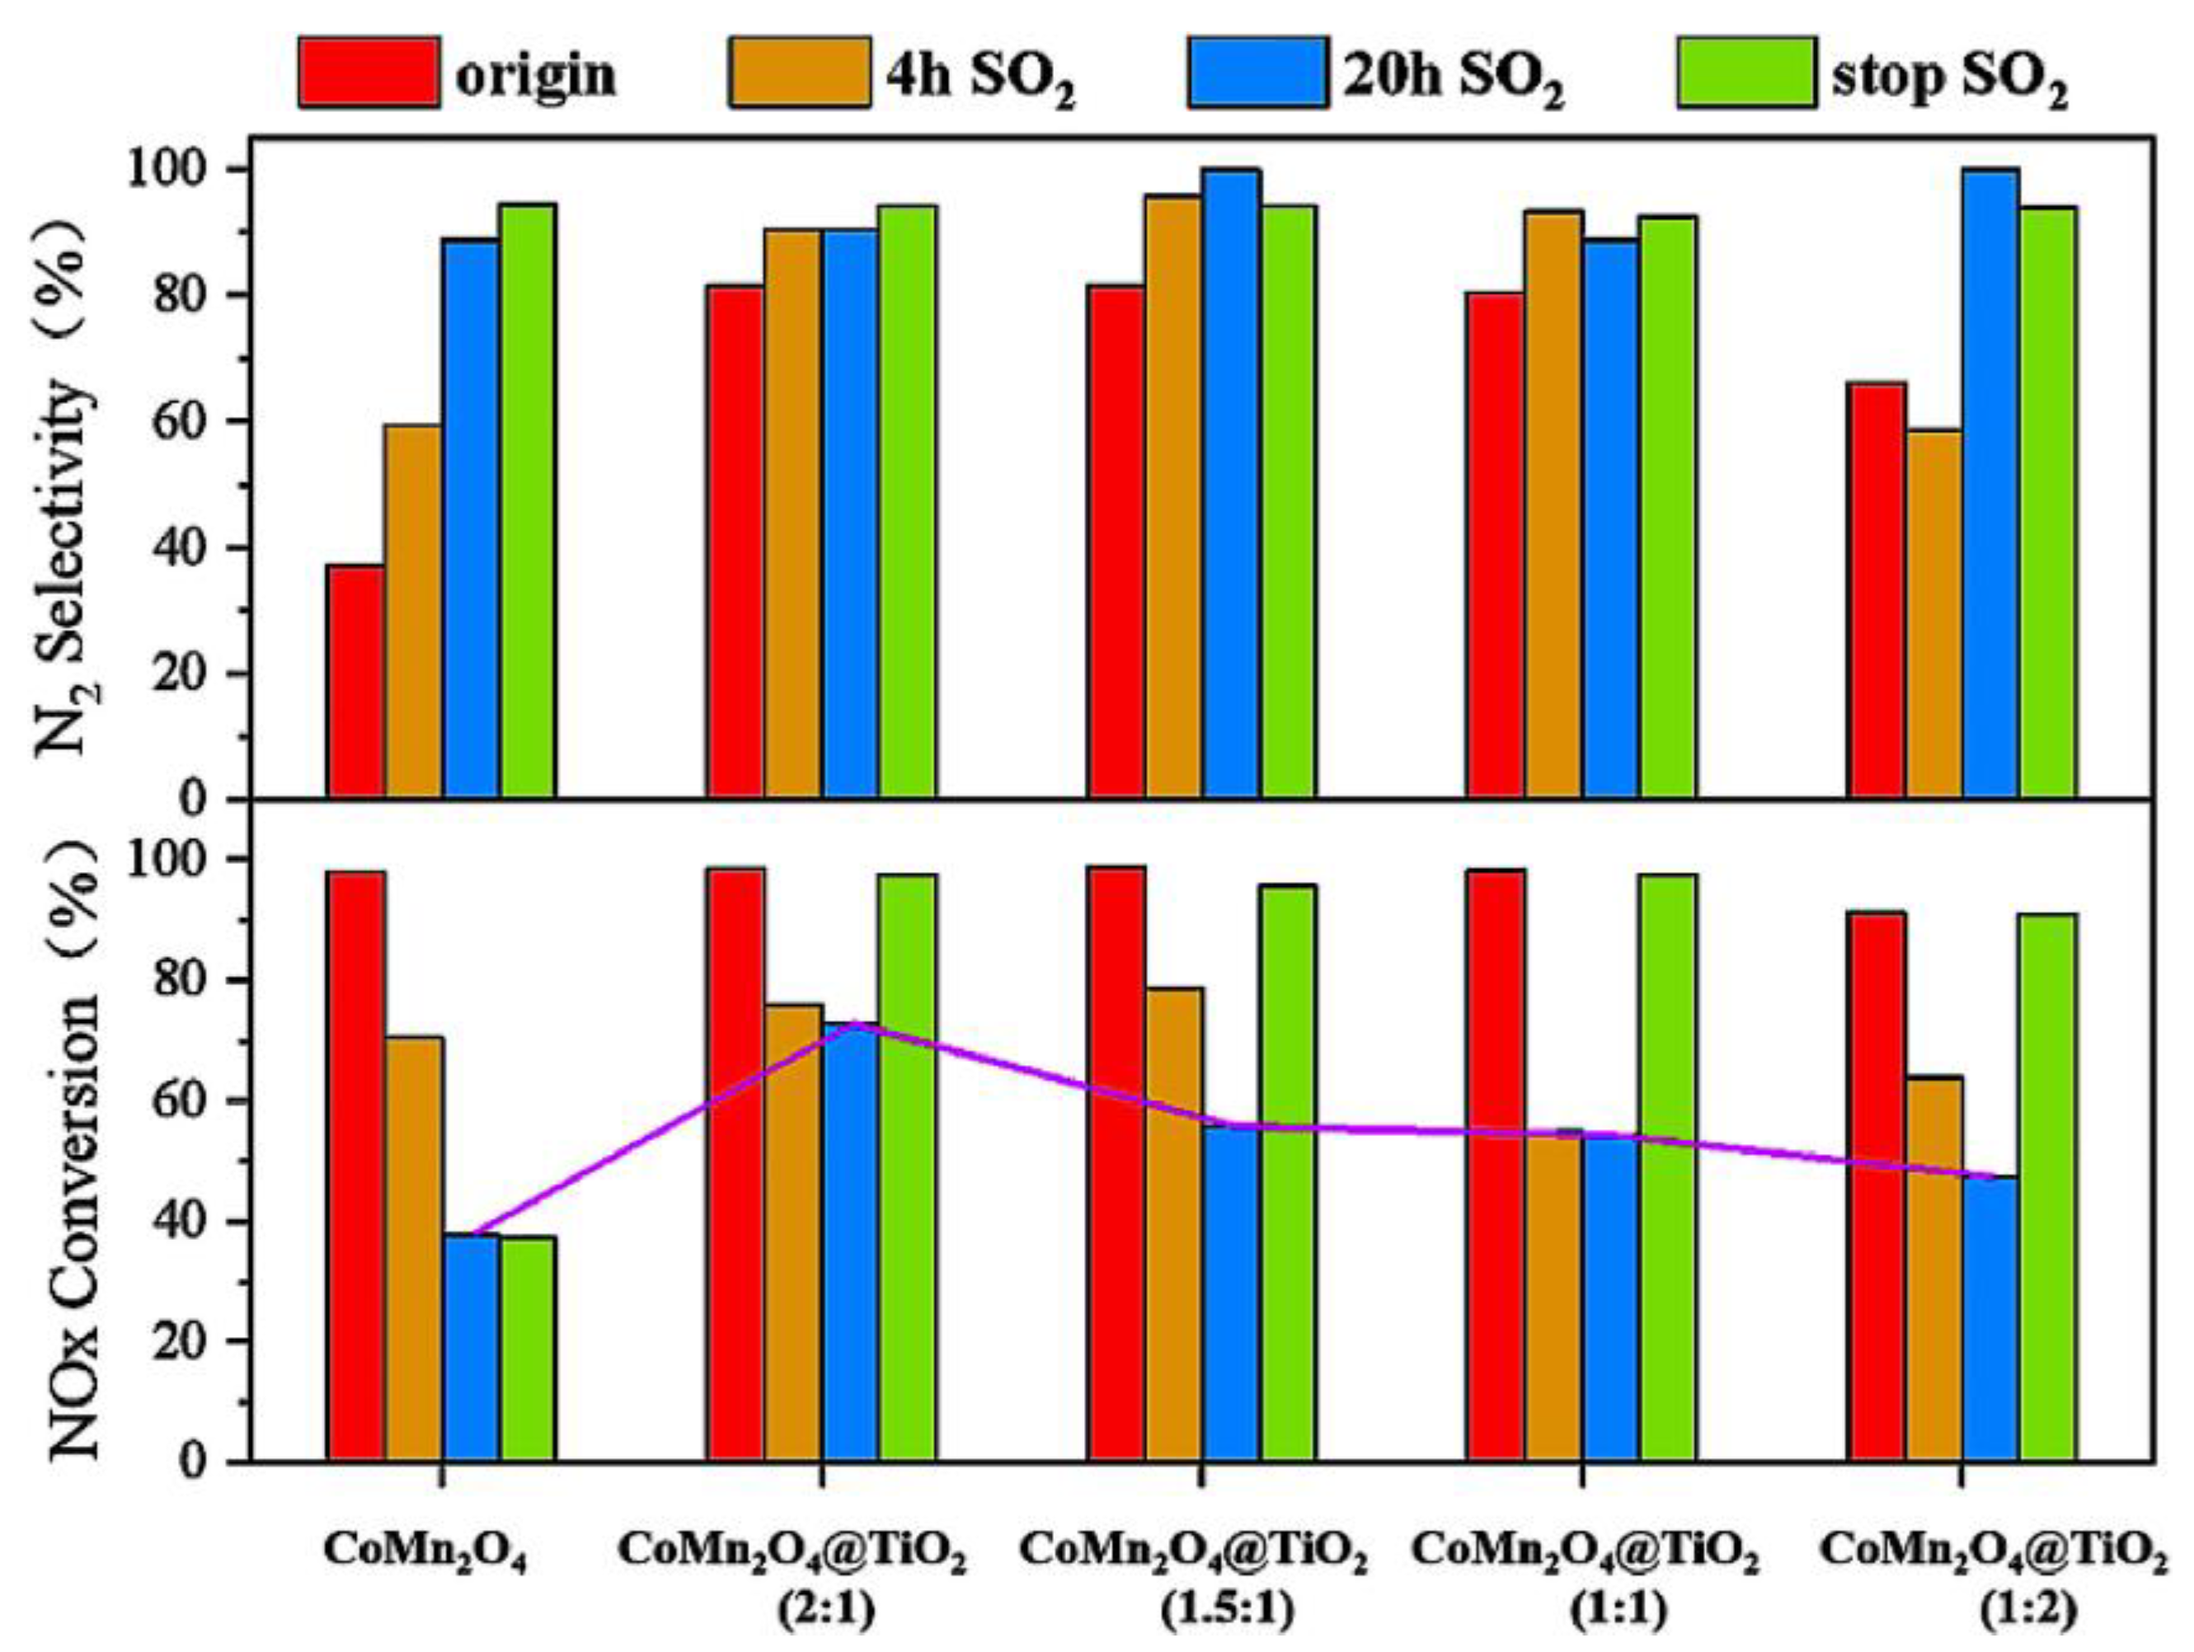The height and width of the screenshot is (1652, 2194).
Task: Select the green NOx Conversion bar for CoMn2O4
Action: [528, 1349]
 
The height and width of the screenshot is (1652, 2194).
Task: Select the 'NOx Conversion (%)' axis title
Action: [74, 1150]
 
